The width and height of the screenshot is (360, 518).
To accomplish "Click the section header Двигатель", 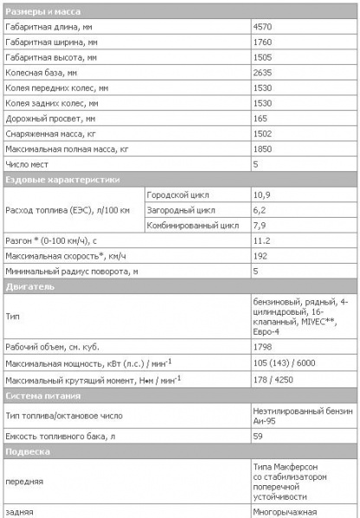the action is (30, 285).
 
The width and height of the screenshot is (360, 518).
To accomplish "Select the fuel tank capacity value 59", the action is (257, 436).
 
